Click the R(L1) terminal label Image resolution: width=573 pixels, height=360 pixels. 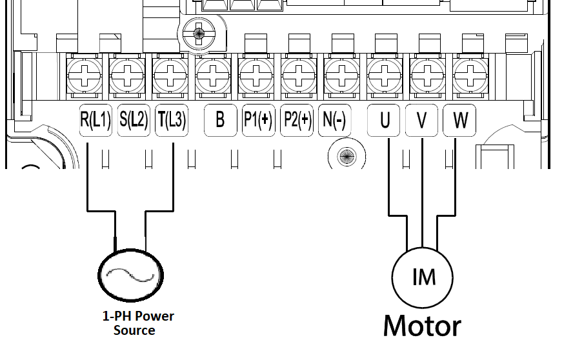click(x=95, y=120)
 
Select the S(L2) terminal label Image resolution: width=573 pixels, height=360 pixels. click(x=134, y=120)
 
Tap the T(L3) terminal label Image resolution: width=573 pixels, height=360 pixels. click(x=171, y=120)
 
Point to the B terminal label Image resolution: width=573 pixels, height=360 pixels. click(x=220, y=120)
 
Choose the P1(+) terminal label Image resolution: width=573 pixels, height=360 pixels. click(x=258, y=120)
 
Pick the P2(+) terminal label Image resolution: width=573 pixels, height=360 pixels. click(x=297, y=120)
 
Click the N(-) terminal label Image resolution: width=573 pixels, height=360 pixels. click(x=334, y=120)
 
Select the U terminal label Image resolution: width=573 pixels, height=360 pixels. click(x=385, y=120)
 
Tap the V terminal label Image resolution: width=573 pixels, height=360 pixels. click(x=421, y=120)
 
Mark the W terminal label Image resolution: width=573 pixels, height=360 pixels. click(x=459, y=120)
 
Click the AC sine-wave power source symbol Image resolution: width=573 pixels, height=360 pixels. click(x=129, y=276)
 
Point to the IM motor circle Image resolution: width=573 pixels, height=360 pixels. click(x=423, y=277)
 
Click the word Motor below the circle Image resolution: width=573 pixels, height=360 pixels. click(x=422, y=326)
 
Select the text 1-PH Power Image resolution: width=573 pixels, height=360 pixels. click(x=138, y=316)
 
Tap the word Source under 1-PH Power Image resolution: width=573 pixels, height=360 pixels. click(x=134, y=330)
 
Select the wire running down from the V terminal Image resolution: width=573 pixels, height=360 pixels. click(x=421, y=194)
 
